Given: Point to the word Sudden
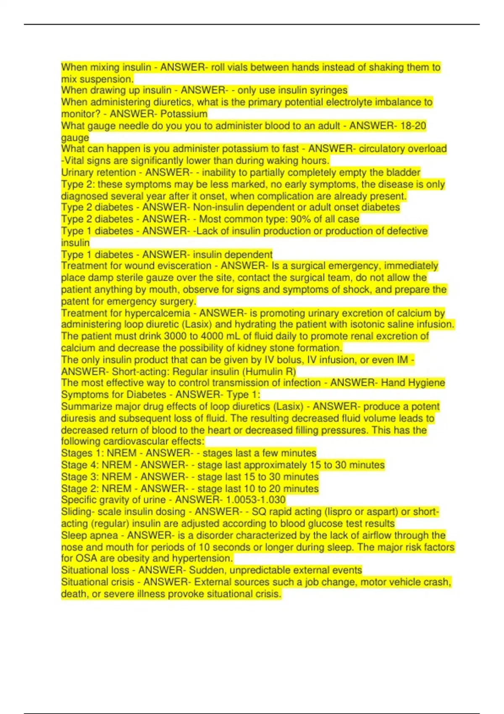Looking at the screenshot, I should [206, 570].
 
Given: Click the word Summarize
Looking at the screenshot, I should [85, 407].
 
